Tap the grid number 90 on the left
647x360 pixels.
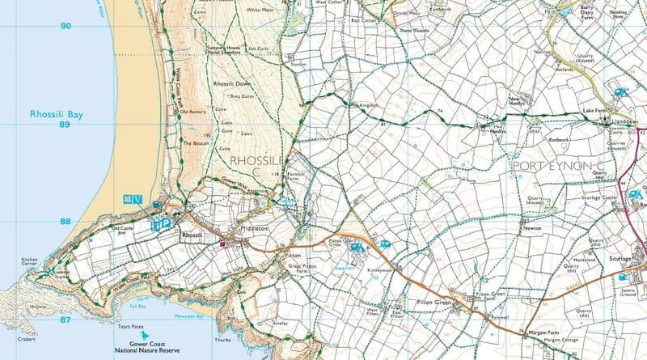point(65,26)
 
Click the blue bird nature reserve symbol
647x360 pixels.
point(145,335)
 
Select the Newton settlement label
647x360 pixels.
point(531,229)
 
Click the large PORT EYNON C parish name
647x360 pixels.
point(559,165)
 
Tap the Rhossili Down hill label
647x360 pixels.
point(231,84)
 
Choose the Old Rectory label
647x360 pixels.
point(193,111)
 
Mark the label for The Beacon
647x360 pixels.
point(196,143)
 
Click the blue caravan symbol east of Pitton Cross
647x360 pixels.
point(386,244)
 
